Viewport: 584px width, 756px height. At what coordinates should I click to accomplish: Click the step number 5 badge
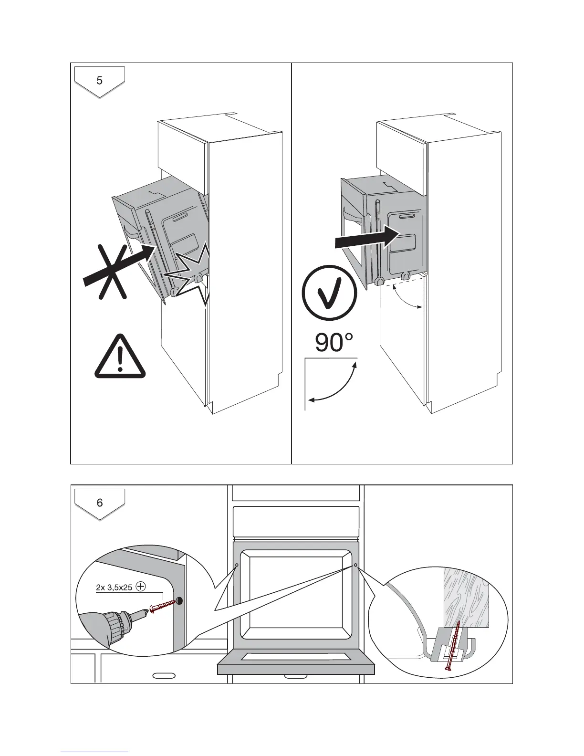(100, 81)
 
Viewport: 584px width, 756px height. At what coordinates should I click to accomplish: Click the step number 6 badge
(100, 503)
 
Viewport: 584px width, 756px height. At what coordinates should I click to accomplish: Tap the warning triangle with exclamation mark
(120, 358)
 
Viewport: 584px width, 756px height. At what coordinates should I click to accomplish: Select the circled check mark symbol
(329, 293)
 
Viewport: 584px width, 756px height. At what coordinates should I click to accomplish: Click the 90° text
(334, 343)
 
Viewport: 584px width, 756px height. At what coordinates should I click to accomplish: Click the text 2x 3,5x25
(114, 588)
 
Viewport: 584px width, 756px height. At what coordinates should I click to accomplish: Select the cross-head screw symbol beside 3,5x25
(141, 587)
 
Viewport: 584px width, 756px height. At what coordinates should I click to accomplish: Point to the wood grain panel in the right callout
(466, 596)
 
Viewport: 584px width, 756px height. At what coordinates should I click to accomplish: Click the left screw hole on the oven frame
(237, 565)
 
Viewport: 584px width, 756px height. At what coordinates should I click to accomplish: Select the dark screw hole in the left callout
(180, 601)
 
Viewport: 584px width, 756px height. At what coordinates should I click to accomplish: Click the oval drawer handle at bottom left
(164, 675)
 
